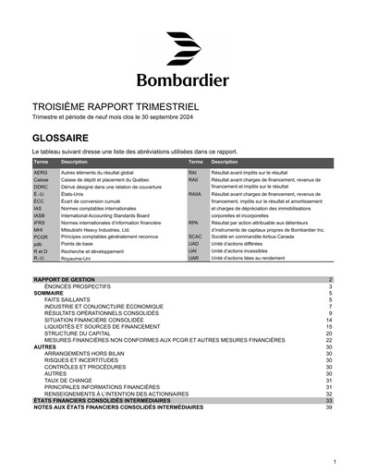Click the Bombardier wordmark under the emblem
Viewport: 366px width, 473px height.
[x=183, y=78]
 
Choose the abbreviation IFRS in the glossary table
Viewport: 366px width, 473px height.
[x=40, y=224]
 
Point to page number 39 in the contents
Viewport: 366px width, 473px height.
[x=328, y=406]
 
